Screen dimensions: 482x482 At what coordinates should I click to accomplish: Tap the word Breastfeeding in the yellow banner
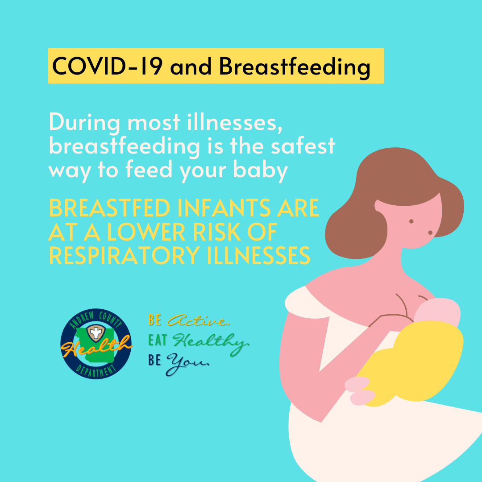(294, 67)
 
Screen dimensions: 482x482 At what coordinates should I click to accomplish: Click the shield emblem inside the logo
(96, 332)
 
